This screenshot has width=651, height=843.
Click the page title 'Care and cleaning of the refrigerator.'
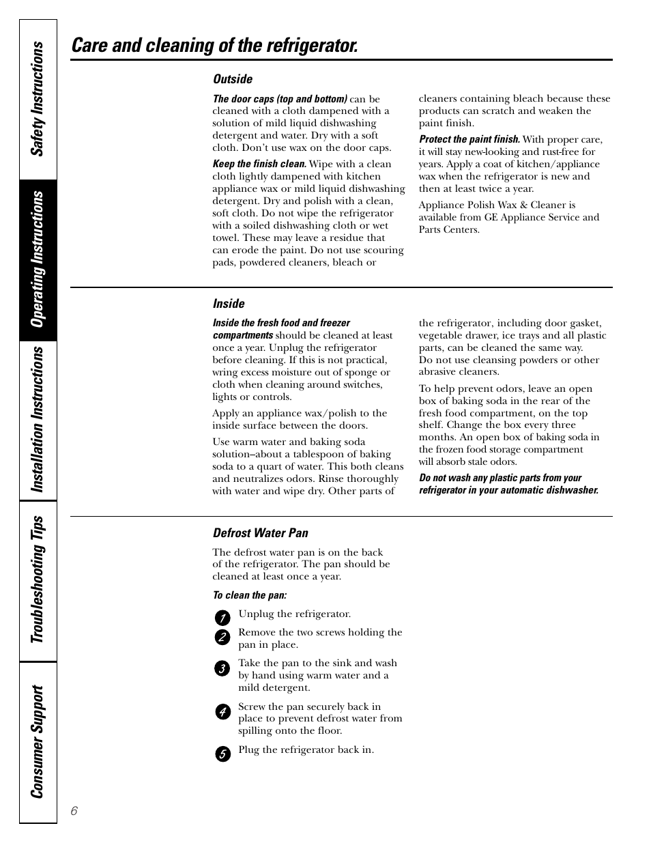(214, 46)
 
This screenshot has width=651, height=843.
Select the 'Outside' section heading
(233, 79)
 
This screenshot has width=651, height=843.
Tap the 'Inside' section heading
(229, 304)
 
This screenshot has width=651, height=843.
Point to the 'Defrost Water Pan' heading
(261, 533)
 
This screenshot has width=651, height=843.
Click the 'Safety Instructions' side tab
(38, 99)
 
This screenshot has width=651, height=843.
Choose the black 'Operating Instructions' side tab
(38, 259)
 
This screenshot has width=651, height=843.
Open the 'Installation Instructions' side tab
(38, 419)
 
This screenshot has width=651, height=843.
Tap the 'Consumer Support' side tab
(38, 741)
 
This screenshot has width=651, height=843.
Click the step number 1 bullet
(222, 618)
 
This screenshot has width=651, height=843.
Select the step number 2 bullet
(222, 638)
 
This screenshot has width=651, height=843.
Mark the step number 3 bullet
(222, 668)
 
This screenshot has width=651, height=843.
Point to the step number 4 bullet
(222, 712)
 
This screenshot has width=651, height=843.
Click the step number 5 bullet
(222, 754)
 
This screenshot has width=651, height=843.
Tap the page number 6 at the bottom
(74, 811)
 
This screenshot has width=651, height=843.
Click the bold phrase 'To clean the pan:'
(250, 595)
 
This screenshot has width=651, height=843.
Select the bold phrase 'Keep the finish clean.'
(259, 164)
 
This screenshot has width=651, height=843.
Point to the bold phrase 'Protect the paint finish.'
(469, 139)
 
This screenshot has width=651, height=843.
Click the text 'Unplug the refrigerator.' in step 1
(294, 614)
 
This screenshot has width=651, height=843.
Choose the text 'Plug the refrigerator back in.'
(306, 749)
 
